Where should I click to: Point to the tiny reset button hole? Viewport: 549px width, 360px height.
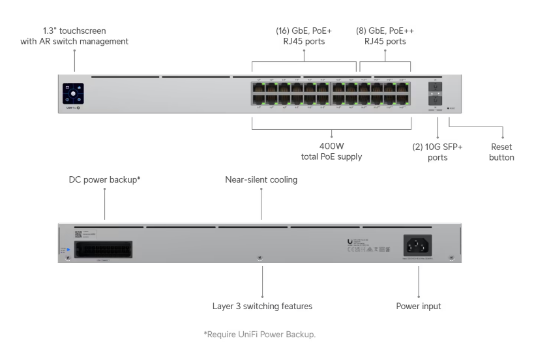449,107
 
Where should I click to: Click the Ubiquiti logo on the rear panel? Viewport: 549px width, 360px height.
351,242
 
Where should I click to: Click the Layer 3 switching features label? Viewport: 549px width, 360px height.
261,305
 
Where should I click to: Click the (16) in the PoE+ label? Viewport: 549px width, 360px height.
285,30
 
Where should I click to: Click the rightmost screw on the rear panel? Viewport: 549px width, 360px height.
452,258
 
